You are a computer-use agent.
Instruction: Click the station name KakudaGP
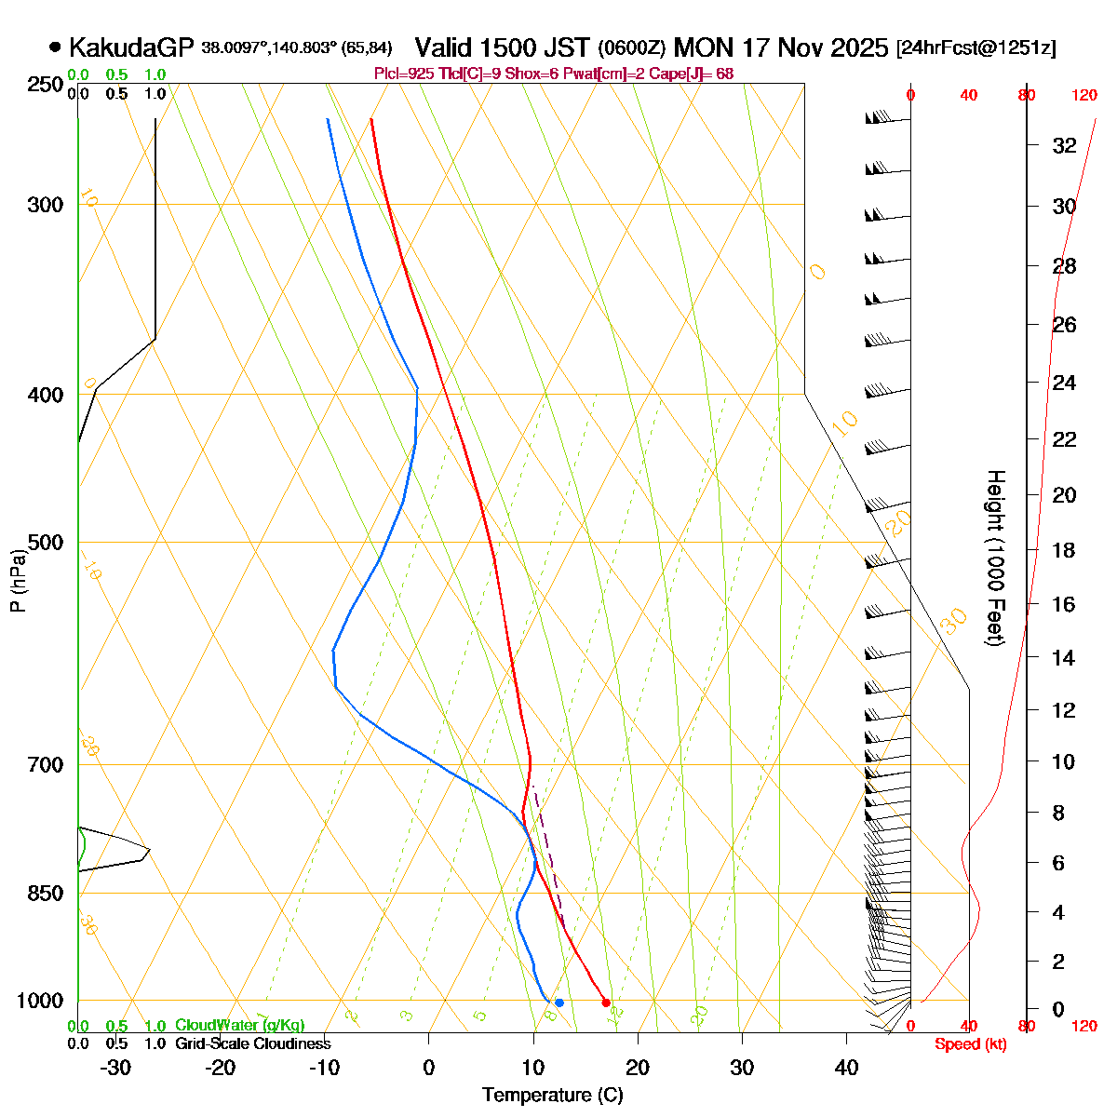(x=131, y=47)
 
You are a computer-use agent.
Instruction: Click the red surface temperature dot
(x=606, y=1003)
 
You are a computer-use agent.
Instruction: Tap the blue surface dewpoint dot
(x=558, y=1003)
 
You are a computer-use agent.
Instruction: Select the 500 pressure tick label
(x=46, y=543)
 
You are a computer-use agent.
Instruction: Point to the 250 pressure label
(x=46, y=85)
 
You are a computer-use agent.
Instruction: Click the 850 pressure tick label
(x=46, y=894)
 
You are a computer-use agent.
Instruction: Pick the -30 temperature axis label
(x=115, y=1068)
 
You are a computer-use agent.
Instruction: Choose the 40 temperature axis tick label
(x=846, y=1068)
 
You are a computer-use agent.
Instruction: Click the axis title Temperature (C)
(x=552, y=1096)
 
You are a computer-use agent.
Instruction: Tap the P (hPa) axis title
(x=18, y=580)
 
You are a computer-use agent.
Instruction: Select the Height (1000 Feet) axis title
(x=995, y=558)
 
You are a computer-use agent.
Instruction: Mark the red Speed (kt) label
(x=970, y=1044)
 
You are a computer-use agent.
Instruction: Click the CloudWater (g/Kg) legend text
(x=239, y=1026)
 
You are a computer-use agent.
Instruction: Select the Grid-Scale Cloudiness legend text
(x=252, y=1044)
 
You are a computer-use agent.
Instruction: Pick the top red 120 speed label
(x=1084, y=94)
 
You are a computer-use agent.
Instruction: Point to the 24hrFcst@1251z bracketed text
(x=976, y=48)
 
